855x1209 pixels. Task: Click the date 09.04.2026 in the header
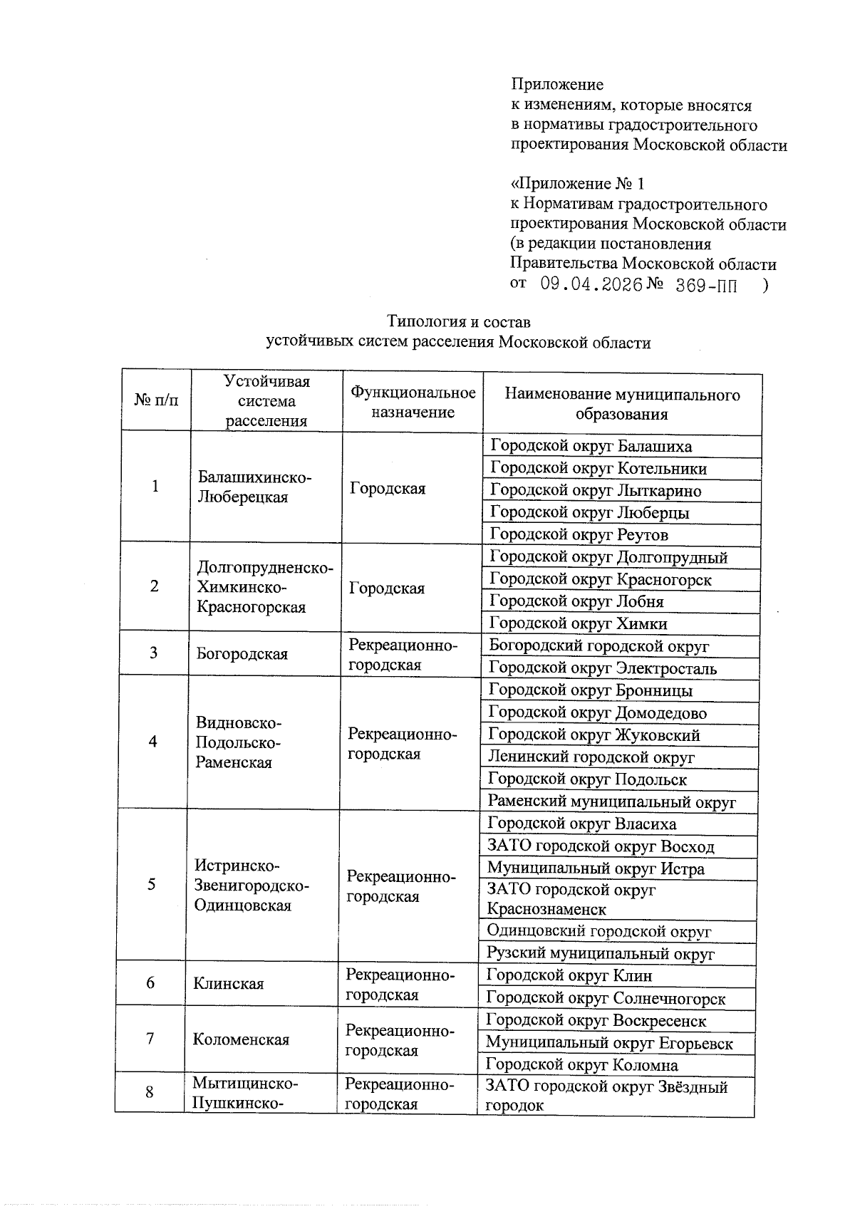591,285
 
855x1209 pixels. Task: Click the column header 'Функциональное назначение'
413,403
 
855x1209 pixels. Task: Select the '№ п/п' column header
156,400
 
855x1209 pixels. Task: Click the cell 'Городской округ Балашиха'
591,447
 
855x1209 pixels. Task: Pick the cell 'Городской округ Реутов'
579,534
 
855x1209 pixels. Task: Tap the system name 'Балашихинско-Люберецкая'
254,487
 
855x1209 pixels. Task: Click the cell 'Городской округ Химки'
578,624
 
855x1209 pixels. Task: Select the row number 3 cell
153,653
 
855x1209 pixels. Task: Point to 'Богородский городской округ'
598,646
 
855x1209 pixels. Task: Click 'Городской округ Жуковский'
594,735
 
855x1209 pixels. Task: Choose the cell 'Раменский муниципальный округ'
611,802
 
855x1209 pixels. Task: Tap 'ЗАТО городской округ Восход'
600,846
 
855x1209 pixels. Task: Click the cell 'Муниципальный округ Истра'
596,868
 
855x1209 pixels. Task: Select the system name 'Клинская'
228,984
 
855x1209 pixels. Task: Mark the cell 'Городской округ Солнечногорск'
606,999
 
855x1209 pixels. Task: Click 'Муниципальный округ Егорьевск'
609,1043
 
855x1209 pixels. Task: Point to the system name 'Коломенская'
241,1039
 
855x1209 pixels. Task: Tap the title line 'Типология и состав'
458,322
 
